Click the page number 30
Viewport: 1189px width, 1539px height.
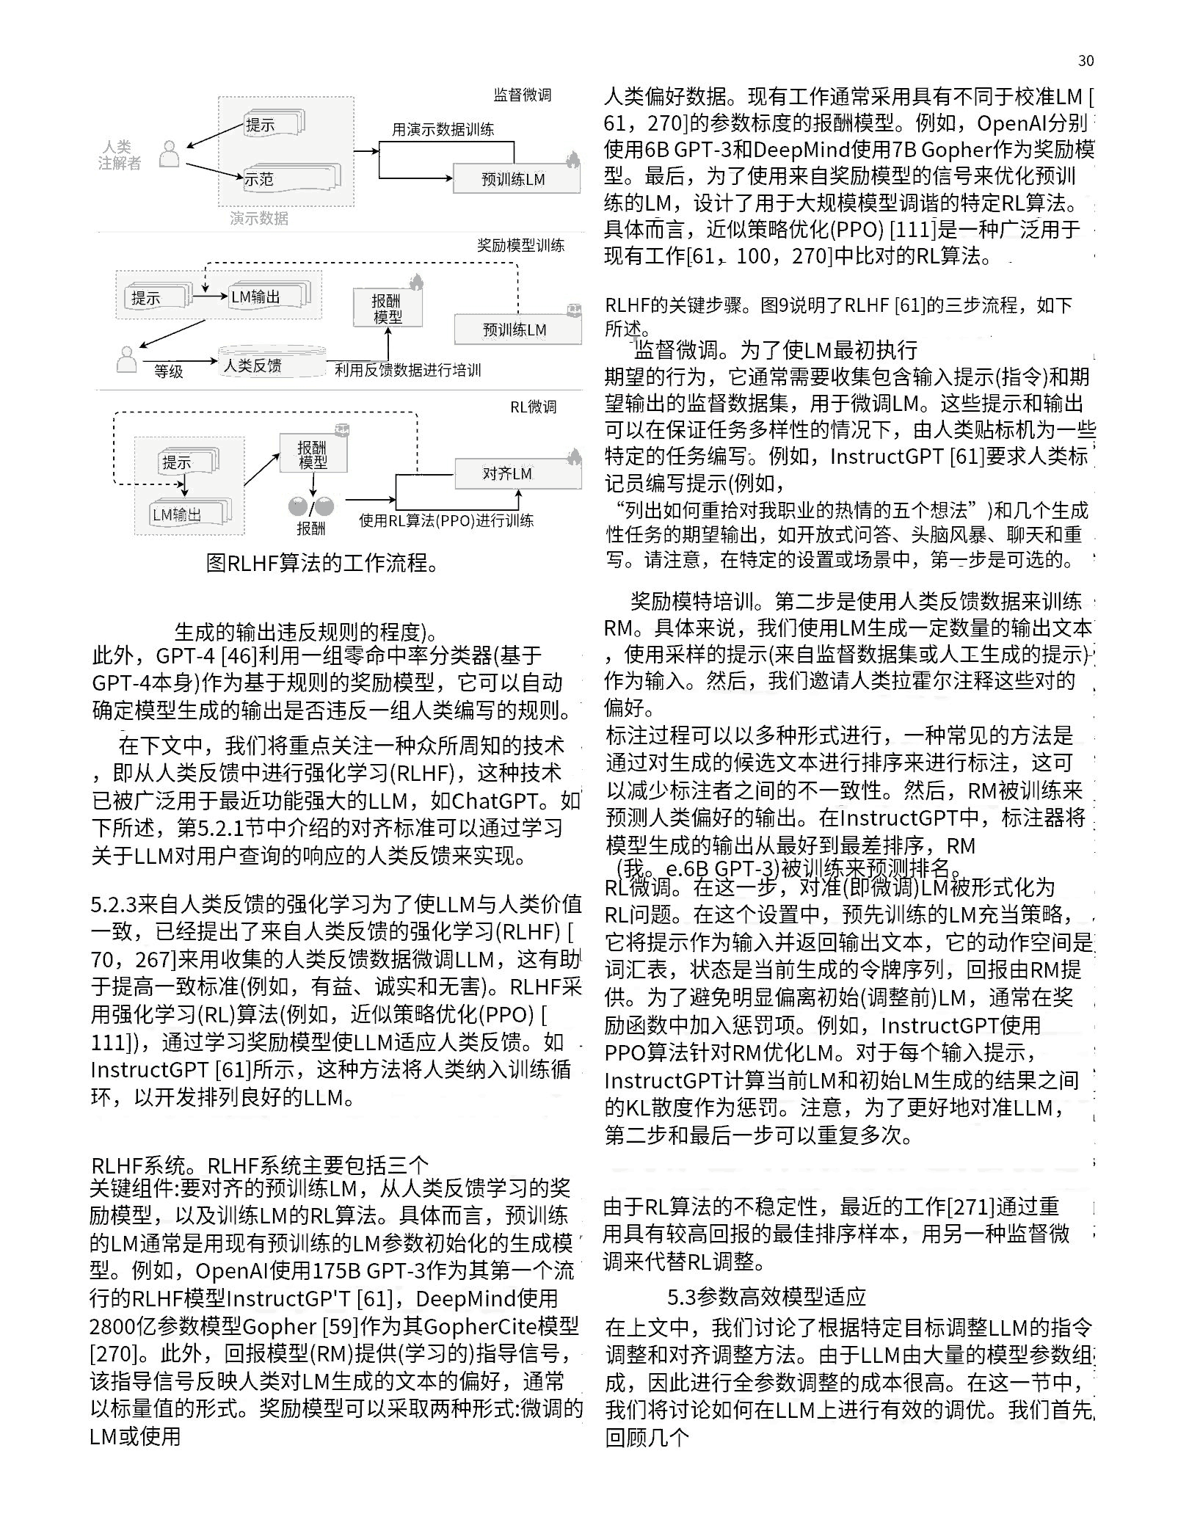[x=1086, y=61]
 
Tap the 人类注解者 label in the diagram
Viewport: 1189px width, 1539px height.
[x=120, y=155]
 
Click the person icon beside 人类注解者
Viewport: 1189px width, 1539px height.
[x=170, y=153]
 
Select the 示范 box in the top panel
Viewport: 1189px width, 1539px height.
[x=258, y=178]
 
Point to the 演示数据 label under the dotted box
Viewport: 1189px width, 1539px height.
[x=258, y=218]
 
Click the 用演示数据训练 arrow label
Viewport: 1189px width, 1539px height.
[x=443, y=130]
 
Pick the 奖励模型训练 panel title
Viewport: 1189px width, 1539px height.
[x=520, y=245]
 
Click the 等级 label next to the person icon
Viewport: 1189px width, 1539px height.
[x=168, y=371]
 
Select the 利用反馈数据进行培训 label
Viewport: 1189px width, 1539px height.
[x=408, y=370]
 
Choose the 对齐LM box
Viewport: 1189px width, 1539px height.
[x=507, y=473]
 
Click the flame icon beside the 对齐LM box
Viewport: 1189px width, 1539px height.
[x=574, y=457]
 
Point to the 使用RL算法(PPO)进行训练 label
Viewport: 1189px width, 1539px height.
[x=446, y=520]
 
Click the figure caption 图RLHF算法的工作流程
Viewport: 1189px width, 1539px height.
[x=322, y=563]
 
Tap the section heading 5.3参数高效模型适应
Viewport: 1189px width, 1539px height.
[x=766, y=1297]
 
